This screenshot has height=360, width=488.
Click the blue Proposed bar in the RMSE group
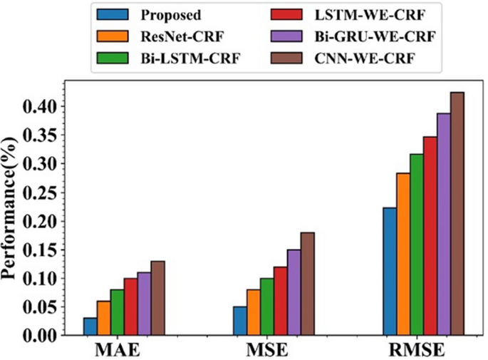(390, 272)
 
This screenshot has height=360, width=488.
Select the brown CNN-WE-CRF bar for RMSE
(457, 214)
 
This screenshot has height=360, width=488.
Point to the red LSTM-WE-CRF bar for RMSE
(430, 236)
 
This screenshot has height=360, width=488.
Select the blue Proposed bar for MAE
(90, 326)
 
